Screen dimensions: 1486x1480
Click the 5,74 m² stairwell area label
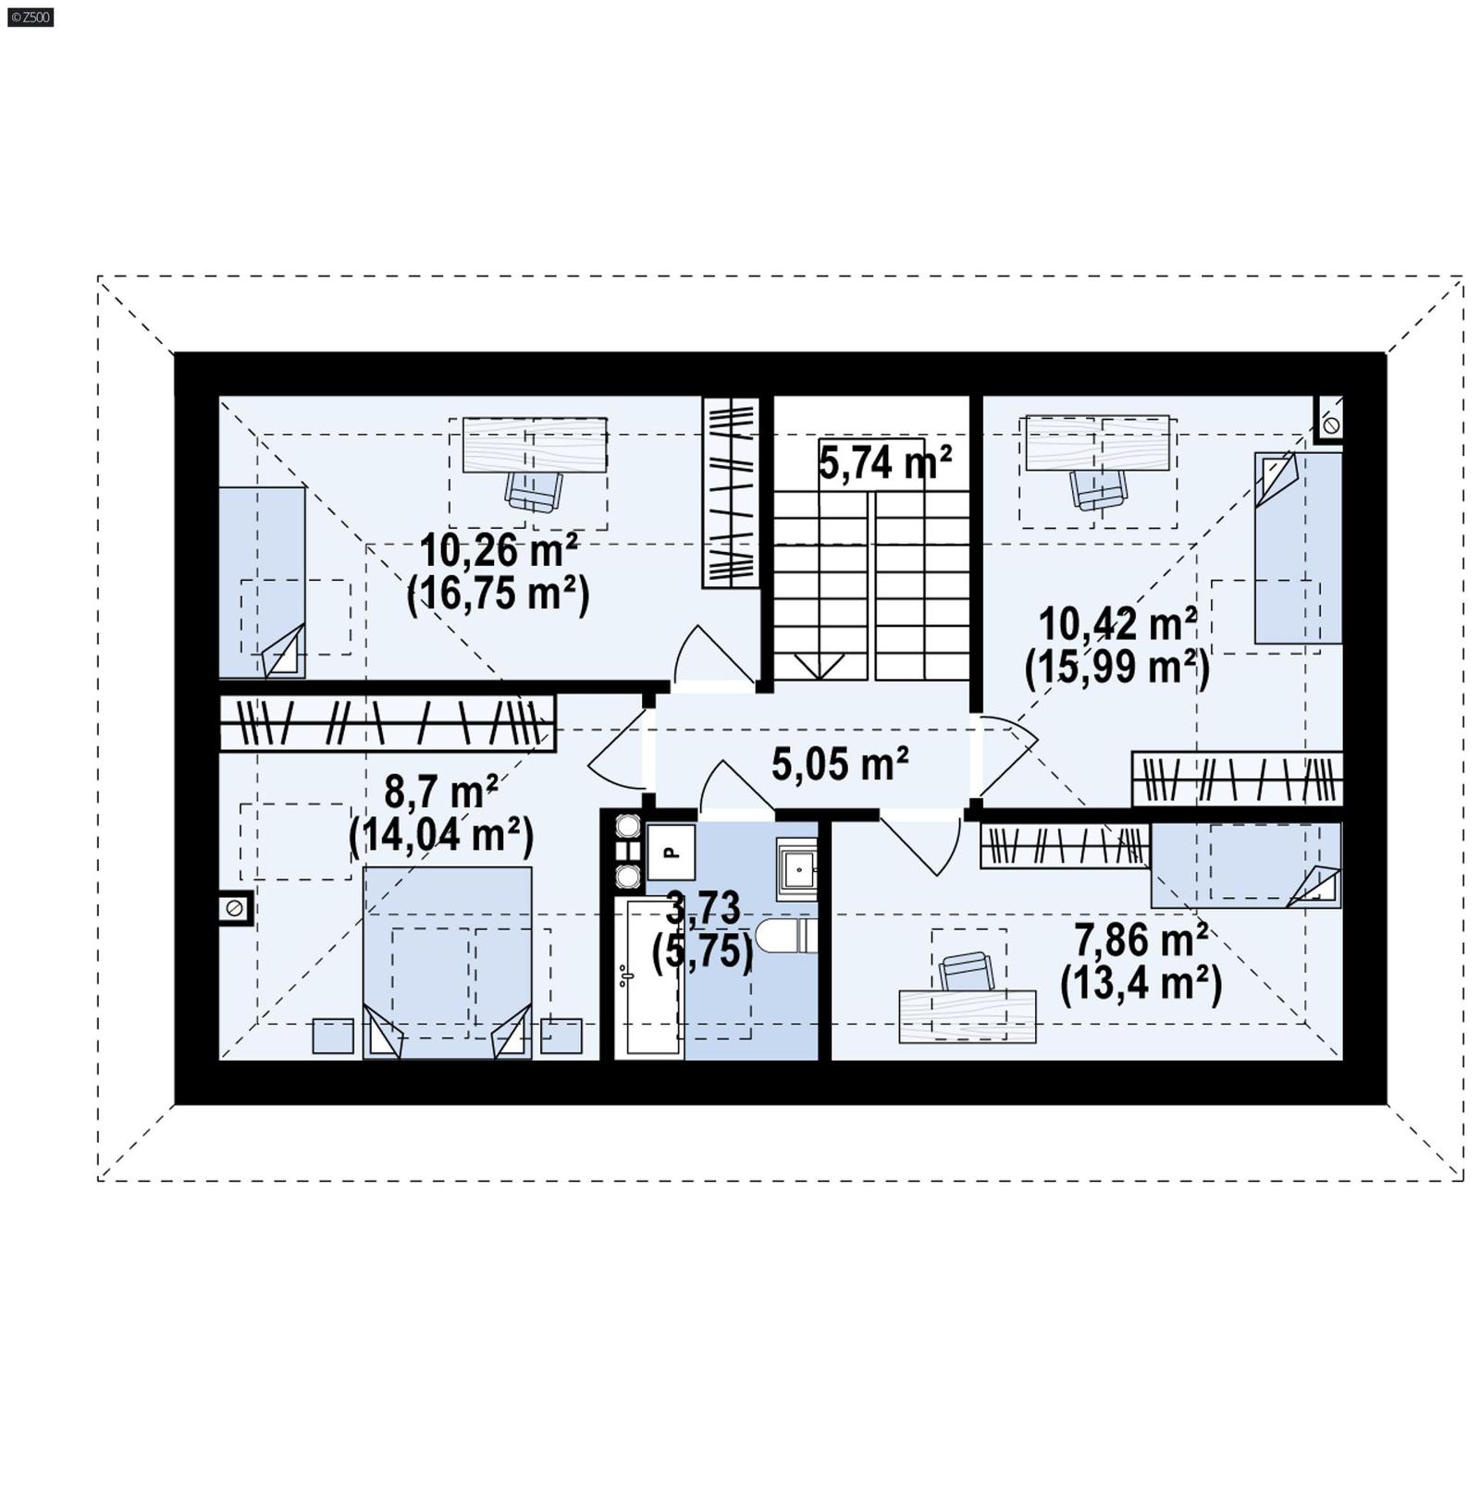pyautogui.click(x=884, y=462)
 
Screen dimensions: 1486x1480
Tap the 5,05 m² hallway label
pyautogui.click(x=839, y=765)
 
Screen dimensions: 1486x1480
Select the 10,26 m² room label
pyautogui.click(x=499, y=551)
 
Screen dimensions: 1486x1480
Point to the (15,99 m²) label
pyautogui.click(x=1116, y=667)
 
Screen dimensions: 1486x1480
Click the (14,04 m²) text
pyautogui.click(x=441, y=835)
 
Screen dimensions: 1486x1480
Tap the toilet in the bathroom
pyautogui.click(x=786, y=935)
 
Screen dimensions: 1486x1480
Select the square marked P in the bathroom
pyautogui.click(x=671, y=852)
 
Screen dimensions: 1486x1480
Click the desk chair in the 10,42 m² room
pyautogui.click(x=1098, y=487)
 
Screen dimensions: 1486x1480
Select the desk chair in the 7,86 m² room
pyautogui.click(x=967, y=972)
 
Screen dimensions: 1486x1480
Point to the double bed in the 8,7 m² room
pyautogui.click(x=448, y=962)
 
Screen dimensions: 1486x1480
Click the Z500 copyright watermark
pyautogui.click(x=30, y=17)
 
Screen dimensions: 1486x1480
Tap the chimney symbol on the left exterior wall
pyautogui.click(x=235, y=908)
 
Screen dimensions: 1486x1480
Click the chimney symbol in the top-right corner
pyautogui.click(x=1330, y=424)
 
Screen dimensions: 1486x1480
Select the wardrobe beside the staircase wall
pyautogui.click(x=730, y=491)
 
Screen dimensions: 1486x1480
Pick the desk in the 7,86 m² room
pyautogui.click(x=967, y=1016)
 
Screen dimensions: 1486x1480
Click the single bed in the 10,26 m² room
pyautogui.click(x=262, y=583)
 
